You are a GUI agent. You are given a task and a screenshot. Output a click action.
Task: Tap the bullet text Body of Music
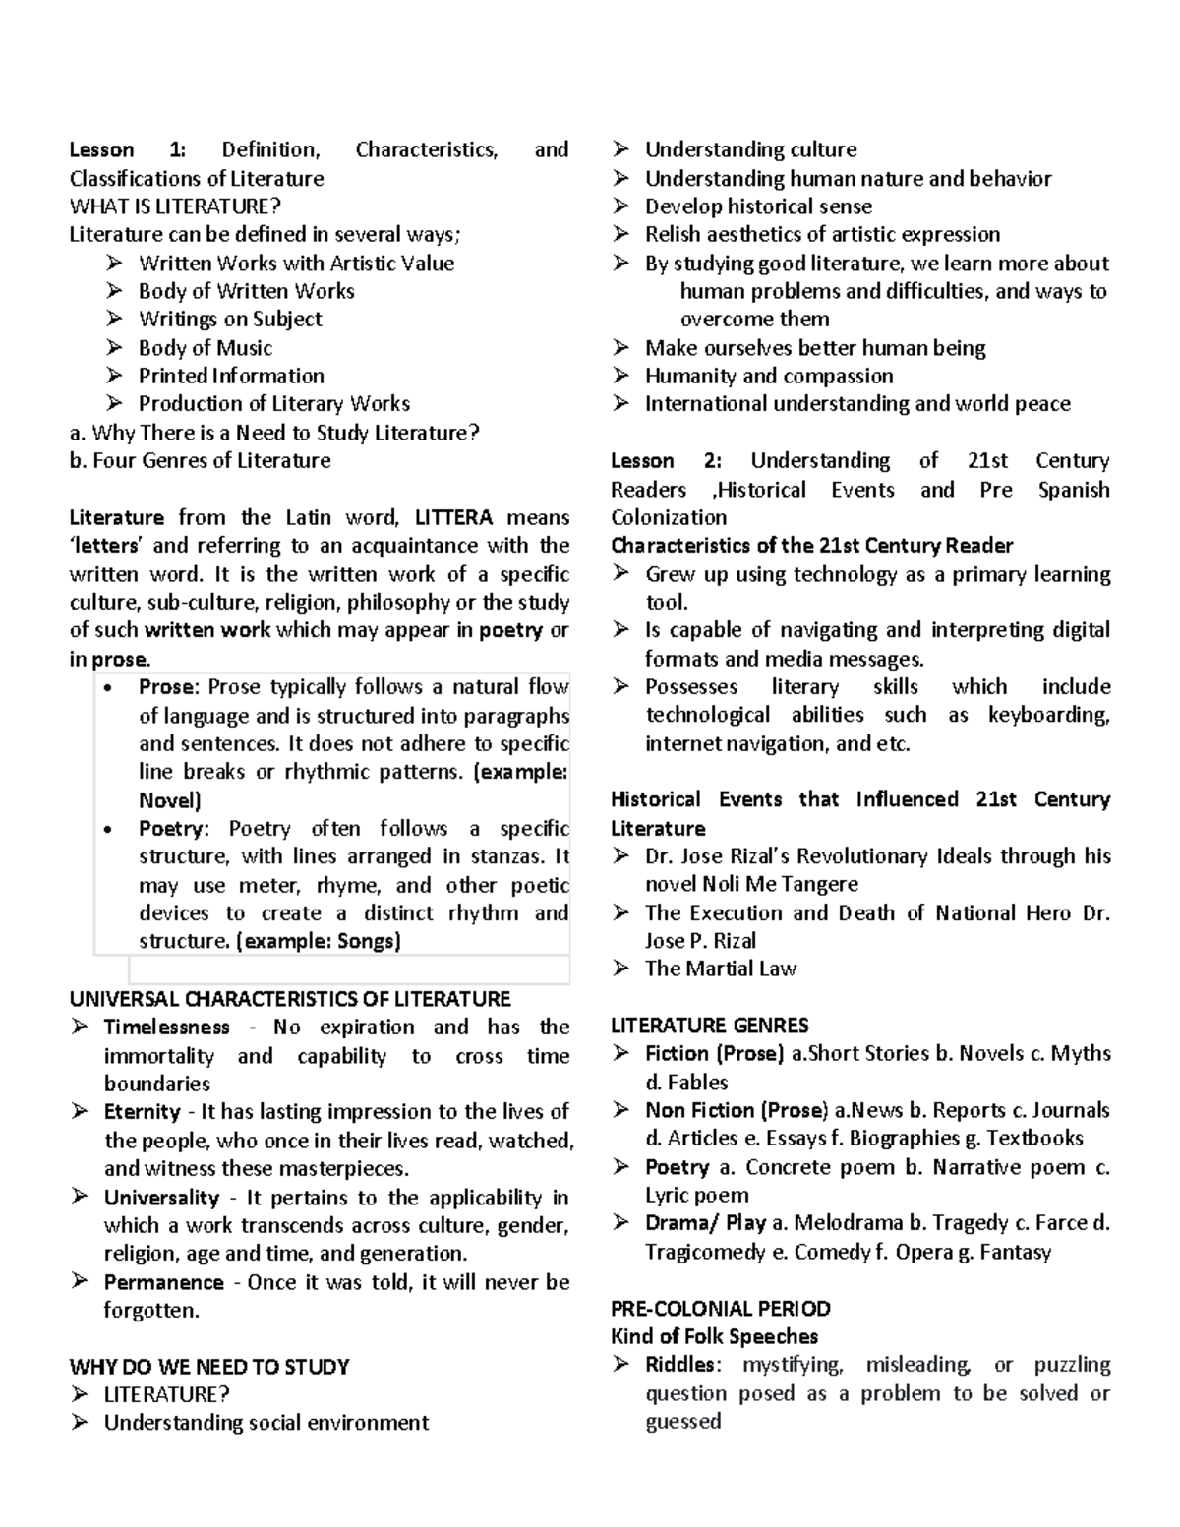[205, 348]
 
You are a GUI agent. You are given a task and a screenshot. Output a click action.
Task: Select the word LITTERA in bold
[453, 518]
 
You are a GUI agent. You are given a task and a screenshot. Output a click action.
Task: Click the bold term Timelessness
[166, 1028]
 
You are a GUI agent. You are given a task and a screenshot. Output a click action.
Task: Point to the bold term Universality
[161, 1198]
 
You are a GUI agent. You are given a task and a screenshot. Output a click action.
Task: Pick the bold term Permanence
[163, 1282]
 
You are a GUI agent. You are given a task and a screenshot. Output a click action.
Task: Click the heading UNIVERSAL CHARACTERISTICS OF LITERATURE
[290, 999]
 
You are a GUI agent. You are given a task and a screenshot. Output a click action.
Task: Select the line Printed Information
[231, 376]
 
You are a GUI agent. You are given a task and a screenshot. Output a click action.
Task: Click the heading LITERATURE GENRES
[709, 1025]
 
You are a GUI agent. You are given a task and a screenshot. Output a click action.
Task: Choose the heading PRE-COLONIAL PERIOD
[720, 1309]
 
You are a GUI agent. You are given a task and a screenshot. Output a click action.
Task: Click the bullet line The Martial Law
[720, 969]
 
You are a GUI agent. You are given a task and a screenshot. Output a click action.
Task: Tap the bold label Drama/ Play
[705, 1223]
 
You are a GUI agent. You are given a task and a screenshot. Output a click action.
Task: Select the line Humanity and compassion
[768, 376]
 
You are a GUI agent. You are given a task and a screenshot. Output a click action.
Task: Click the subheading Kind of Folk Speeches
[714, 1337]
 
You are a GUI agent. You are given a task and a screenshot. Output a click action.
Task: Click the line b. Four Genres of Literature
[200, 461]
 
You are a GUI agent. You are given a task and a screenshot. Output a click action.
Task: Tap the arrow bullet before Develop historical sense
[620, 206]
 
